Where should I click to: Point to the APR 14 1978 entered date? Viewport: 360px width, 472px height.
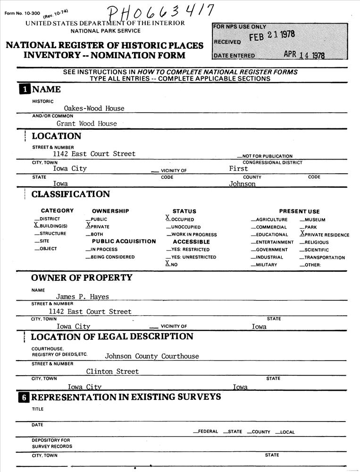[304, 55]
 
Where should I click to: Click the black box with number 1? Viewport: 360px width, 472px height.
[24, 90]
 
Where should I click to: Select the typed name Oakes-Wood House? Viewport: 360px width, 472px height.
[94, 108]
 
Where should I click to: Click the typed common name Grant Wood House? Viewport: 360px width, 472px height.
[86, 124]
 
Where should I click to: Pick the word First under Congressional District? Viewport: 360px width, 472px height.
[238, 169]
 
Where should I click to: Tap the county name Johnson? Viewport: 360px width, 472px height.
[242, 184]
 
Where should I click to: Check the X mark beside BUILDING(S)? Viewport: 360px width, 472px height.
[36, 226]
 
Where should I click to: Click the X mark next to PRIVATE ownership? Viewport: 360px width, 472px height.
[88, 226]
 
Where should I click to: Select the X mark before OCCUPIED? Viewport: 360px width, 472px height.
[167, 218]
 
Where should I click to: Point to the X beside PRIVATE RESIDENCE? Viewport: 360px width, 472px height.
[302, 234]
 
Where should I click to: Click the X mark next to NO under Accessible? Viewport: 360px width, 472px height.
[167, 263]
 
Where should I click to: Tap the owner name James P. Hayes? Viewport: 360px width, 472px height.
[83, 297]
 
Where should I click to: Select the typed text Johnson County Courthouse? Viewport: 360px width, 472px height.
[152, 356]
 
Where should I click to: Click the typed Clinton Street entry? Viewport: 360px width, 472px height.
[112, 371]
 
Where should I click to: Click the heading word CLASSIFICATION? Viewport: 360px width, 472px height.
[70, 194]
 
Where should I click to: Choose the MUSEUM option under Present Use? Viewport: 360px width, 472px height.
[315, 220]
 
